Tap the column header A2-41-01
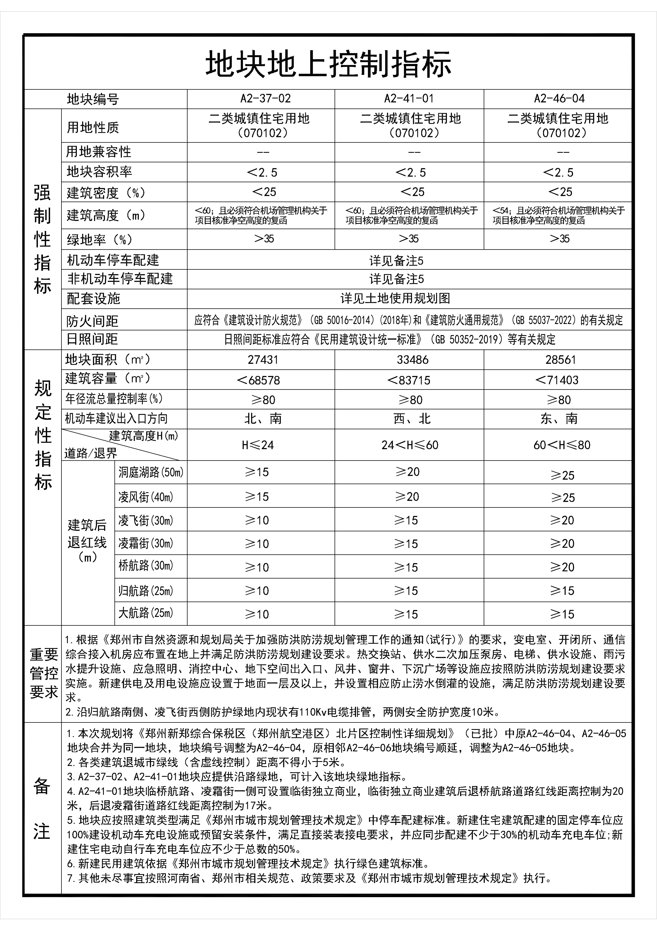click(x=409, y=98)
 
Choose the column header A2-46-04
click(x=559, y=98)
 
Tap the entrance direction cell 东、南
click(x=559, y=418)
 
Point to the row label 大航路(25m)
click(x=146, y=613)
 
